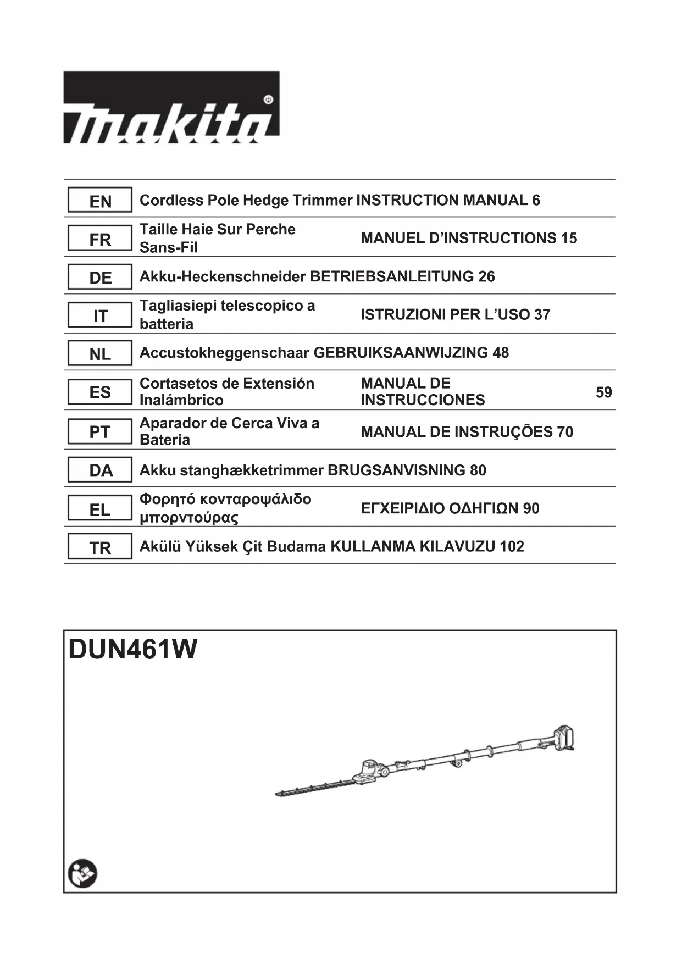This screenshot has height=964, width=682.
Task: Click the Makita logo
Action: tap(171, 108)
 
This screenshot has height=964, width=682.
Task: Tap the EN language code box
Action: tap(100, 201)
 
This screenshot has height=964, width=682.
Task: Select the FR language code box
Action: tap(100, 239)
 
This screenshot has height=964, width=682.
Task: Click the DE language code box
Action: tap(100, 277)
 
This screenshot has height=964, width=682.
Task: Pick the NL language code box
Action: tap(100, 353)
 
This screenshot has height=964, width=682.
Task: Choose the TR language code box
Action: tap(100, 547)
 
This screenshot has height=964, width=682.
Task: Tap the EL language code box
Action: tap(100, 509)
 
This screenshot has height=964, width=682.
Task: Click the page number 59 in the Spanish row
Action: tap(603, 392)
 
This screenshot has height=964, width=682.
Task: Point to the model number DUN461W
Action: tap(132, 649)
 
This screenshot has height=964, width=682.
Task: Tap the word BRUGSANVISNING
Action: tap(396, 470)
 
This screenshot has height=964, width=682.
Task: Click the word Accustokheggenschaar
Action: tap(224, 352)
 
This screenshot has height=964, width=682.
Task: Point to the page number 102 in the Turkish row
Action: tap(512, 546)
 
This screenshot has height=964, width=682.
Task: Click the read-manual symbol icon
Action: tap(82, 873)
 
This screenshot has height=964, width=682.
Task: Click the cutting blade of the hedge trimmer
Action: tap(313, 787)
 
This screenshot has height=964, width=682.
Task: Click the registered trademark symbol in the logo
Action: tap(268, 100)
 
